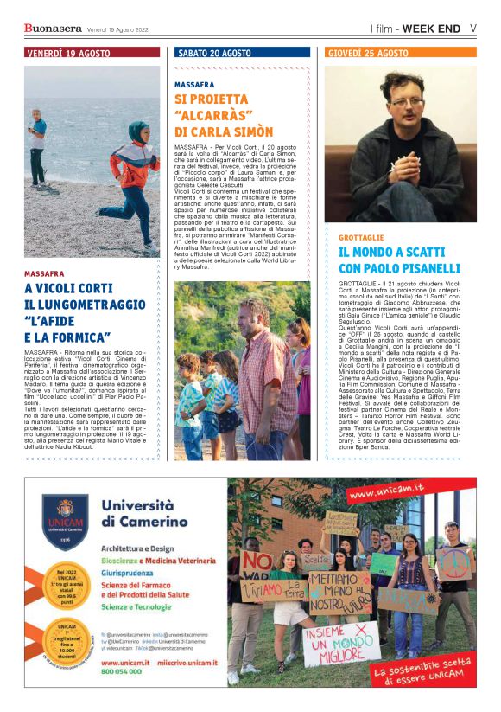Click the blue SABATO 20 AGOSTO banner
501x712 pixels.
tap(242, 53)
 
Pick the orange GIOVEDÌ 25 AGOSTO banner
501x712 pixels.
tap(400, 53)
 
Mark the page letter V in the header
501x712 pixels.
tap(474, 28)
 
